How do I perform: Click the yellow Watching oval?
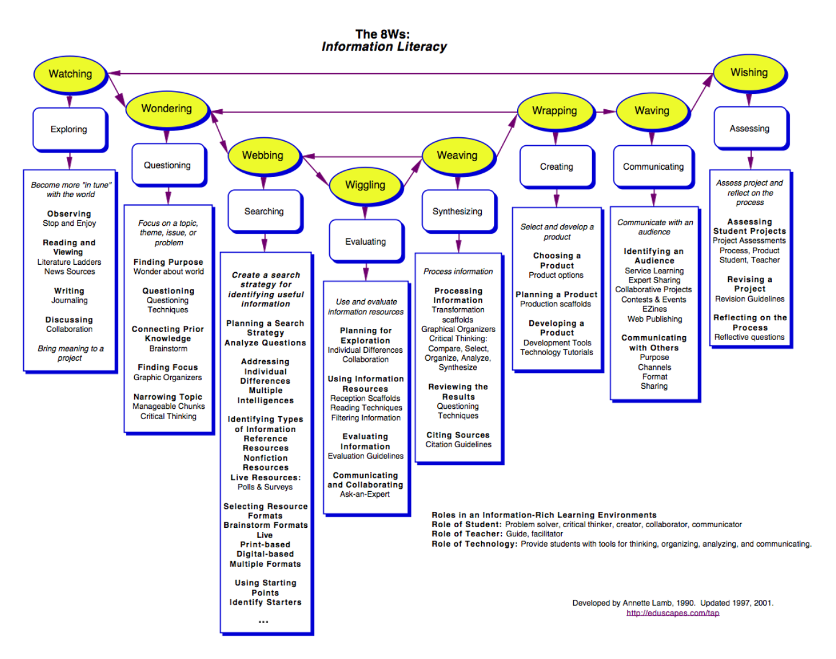(70, 74)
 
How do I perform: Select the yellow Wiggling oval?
(365, 185)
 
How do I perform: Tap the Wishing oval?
(749, 73)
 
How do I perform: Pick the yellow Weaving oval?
(457, 156)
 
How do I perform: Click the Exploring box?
(69, 129)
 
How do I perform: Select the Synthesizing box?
(457, 211)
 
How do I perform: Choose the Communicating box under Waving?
(653, 167)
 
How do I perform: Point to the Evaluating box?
(365, 242)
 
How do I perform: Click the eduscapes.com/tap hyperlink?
(673, 613)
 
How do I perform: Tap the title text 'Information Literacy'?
(384, 47)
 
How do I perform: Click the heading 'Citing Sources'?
(458, 435)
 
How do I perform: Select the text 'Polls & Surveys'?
(265, 487)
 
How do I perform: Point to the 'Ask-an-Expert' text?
(365, 494)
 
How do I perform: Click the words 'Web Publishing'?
(654, 319)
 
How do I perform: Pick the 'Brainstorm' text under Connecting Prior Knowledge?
(168, 348)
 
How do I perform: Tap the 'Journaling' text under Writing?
(70, 300)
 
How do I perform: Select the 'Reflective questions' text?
(749, 337)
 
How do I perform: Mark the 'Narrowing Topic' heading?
(168, 397)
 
